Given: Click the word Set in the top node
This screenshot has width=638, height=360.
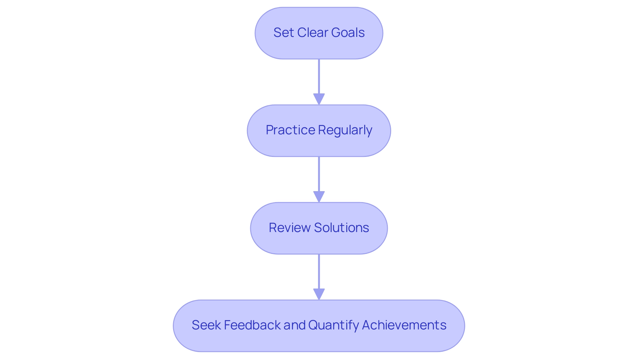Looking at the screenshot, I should [x=283, y=33].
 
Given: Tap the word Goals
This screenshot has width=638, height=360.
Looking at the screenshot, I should [x=348, y=33].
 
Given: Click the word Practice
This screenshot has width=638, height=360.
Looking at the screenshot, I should [x=290, y=130].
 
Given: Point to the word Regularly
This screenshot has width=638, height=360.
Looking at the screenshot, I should [x=345, y=130].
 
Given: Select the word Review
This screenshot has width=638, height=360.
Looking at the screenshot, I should [x=289, y=228].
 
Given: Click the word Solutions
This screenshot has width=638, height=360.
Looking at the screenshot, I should [x=341, y=228].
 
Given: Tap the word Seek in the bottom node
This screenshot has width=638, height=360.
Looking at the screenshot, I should [x=206, y=325].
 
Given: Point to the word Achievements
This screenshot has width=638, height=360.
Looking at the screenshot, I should [x=404, y=325].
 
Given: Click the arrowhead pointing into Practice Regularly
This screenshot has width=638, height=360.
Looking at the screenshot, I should [x=319, y=99].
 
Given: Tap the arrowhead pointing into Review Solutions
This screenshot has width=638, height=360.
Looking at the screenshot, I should [x=319, y=196].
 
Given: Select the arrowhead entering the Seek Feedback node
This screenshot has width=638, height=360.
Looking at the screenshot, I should [x=319, y=294].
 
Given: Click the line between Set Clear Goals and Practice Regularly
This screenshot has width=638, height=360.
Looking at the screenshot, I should [x=319, y=76].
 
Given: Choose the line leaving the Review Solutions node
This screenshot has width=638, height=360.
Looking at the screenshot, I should [x=319, y=271].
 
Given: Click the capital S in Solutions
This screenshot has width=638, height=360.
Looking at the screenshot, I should [x=318, y=228].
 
